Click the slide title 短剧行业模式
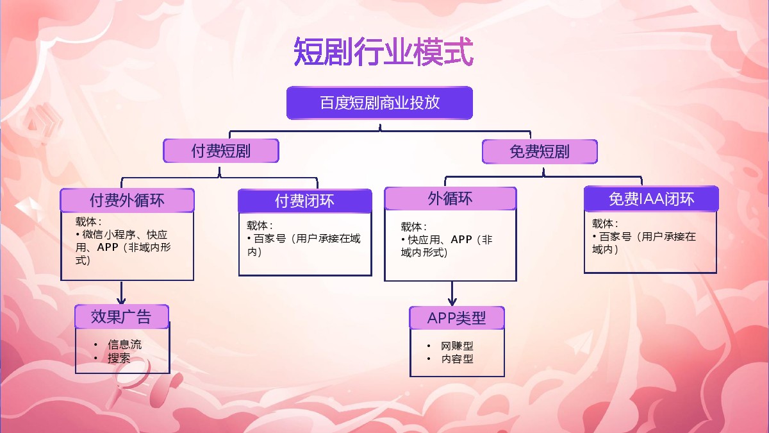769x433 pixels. pos(383,52)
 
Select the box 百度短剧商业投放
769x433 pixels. pos(379,103)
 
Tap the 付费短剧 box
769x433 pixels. pos(220,151)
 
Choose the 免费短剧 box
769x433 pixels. pos(540,152)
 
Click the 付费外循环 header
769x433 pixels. pos(127,200)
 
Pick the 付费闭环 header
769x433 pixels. pos(304,201)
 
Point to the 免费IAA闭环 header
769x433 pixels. pos(651,199)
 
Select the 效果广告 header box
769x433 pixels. pos(122,317)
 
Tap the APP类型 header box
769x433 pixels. pos(457,318)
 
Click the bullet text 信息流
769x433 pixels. pos(125,345)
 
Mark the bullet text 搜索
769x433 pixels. pos(119,358)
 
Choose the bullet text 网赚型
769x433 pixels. pos(457,346)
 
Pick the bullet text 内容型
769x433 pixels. pos(457,359)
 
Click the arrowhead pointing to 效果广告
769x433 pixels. pos(121,300)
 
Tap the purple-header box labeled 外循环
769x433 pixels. pos(450,199)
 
